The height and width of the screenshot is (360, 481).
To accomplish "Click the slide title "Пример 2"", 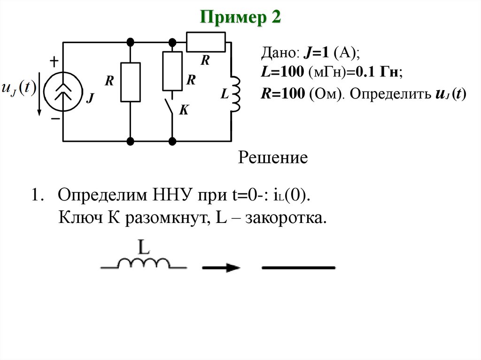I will [240, 18].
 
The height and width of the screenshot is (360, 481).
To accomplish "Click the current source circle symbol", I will [63, 91].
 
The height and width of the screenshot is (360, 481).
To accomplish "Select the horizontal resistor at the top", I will [206, 42].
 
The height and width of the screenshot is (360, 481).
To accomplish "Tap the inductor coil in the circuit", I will [234, 93].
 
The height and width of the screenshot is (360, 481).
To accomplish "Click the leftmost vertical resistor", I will [130, 82].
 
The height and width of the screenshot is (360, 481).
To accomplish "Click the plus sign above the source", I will [54, 61].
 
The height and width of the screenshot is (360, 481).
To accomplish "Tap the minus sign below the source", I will [55, 119].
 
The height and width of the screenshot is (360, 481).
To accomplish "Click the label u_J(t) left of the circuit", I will [19, 88].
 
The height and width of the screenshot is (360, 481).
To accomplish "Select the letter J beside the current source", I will [91, 99].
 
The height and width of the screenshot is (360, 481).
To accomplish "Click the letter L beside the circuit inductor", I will [224, 95].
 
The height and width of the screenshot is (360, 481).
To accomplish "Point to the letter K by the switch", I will [184, 110].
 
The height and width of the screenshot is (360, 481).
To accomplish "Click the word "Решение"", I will [273, 158].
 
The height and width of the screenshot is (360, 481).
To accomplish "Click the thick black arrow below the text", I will [221, 268].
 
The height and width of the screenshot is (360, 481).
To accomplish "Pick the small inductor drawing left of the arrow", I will [144, 263].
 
